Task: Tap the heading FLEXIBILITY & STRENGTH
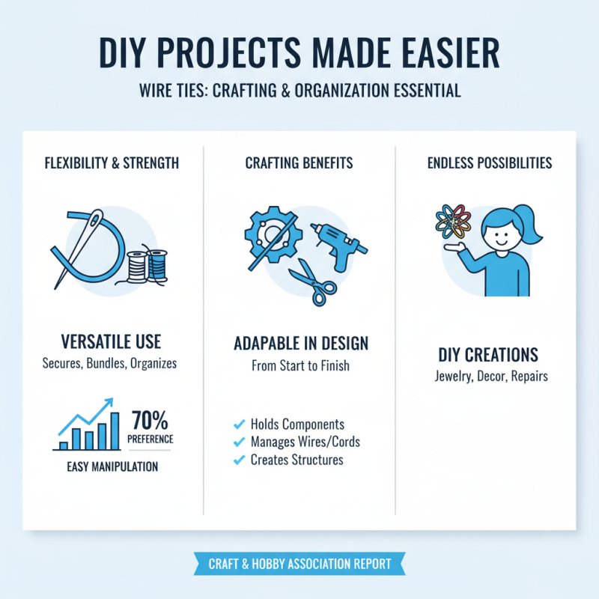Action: (112, 162)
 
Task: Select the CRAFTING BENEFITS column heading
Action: (299, 162)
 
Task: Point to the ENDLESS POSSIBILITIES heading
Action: (487, 162)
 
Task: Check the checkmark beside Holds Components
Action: (240, 425)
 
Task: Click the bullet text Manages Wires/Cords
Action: (303, 442)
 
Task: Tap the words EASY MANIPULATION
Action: (112, 466)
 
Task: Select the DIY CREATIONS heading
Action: (487, 353)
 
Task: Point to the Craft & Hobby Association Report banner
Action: (299, 564)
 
